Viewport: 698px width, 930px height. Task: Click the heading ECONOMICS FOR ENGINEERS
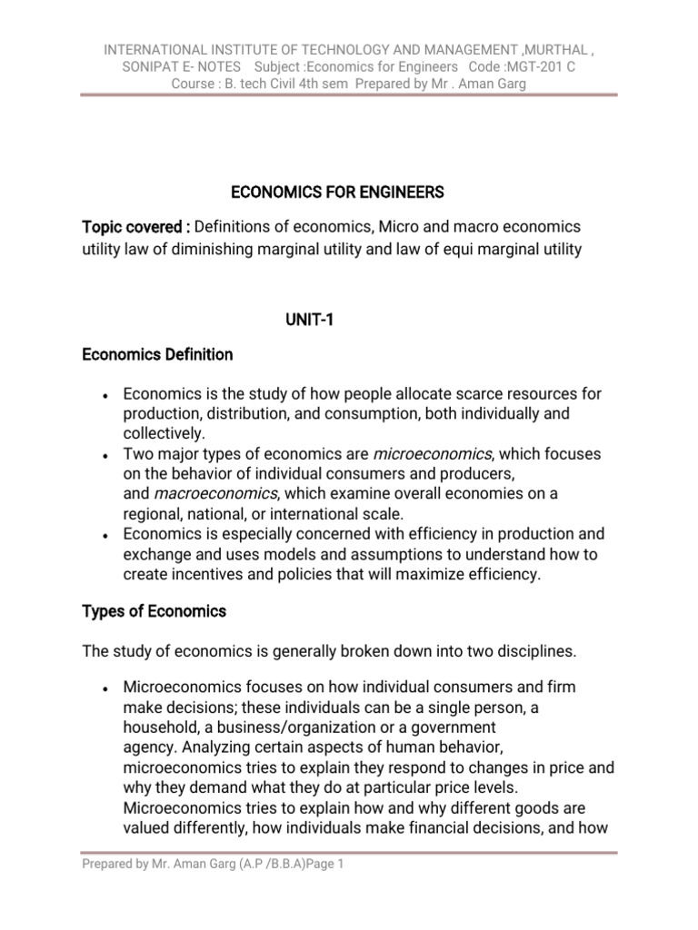tap(337, 192)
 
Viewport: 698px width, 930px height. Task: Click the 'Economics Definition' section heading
tap(157, 354)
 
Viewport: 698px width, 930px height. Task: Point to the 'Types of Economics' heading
tap(154, 611)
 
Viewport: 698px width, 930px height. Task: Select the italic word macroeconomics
tap(215, 493)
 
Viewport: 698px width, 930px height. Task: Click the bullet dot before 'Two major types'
tap(107, 454)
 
